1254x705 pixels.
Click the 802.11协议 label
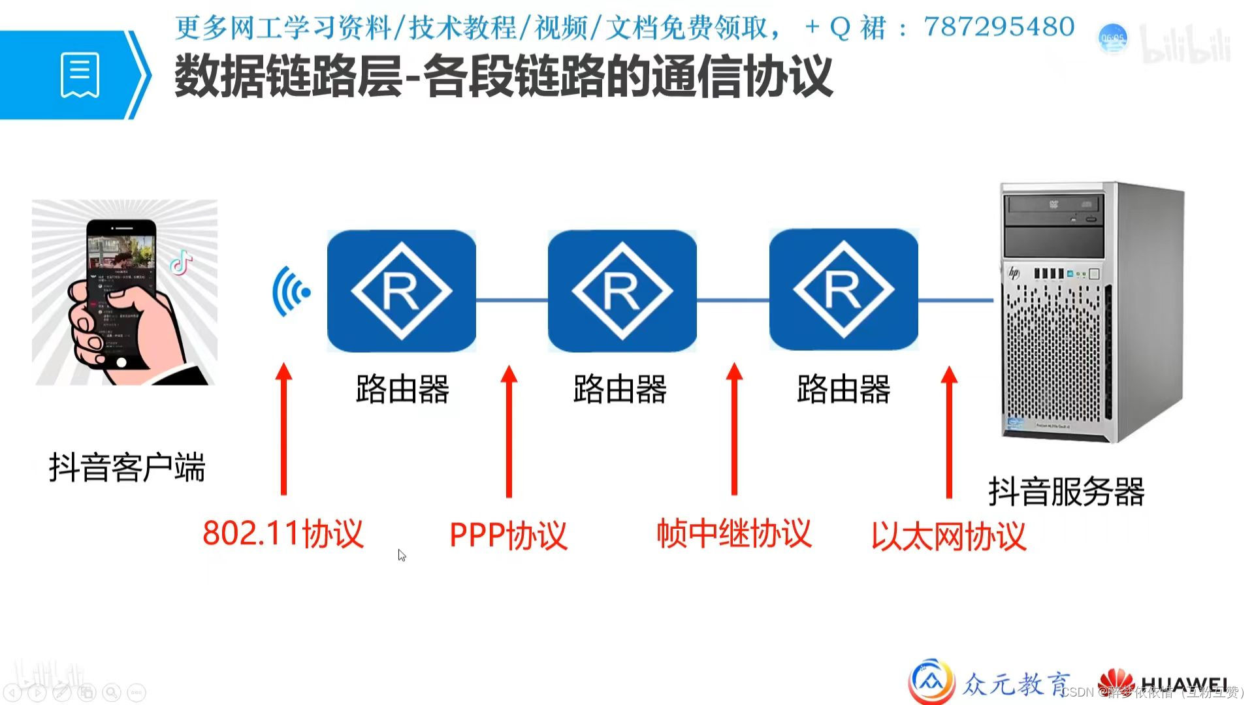283,533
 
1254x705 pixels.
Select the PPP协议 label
508,535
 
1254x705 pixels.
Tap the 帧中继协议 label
733,533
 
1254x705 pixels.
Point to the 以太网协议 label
948,536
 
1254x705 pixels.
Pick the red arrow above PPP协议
509,431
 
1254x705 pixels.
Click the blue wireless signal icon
291,291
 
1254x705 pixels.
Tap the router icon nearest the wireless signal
401,291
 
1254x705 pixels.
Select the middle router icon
622,291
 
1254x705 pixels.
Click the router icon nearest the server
843,290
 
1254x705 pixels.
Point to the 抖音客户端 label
127,467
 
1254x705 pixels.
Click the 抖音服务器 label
1066,492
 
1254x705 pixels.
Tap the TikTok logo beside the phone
181,262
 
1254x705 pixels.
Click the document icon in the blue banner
80,75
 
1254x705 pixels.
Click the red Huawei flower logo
1116,683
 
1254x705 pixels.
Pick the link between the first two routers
511,300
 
